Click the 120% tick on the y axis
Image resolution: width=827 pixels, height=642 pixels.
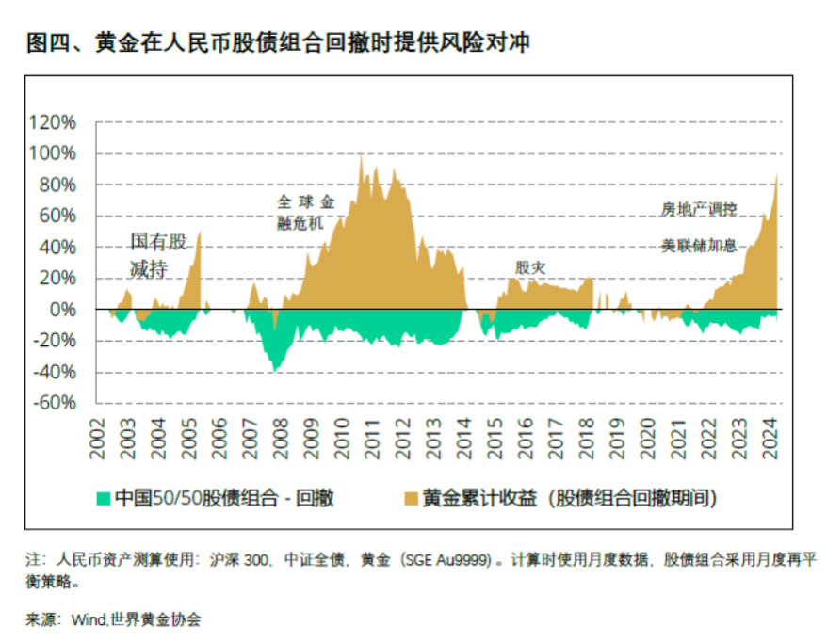coord(55,122)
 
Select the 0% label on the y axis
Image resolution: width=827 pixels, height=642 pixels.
coord(64,310)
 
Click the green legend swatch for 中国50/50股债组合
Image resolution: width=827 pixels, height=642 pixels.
coord(104,495)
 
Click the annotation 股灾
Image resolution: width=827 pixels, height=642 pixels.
coord(530,267)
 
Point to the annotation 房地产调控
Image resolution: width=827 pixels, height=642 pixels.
coord(700,208)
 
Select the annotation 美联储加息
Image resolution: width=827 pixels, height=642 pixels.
coord(699,246)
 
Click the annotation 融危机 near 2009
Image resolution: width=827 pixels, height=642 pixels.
coord(300,223)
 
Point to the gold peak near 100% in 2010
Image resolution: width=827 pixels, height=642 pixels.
coord(362,156)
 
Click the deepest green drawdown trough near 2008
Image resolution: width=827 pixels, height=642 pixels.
coord(274,371)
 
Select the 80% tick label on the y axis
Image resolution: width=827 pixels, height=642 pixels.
coord(58,185)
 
